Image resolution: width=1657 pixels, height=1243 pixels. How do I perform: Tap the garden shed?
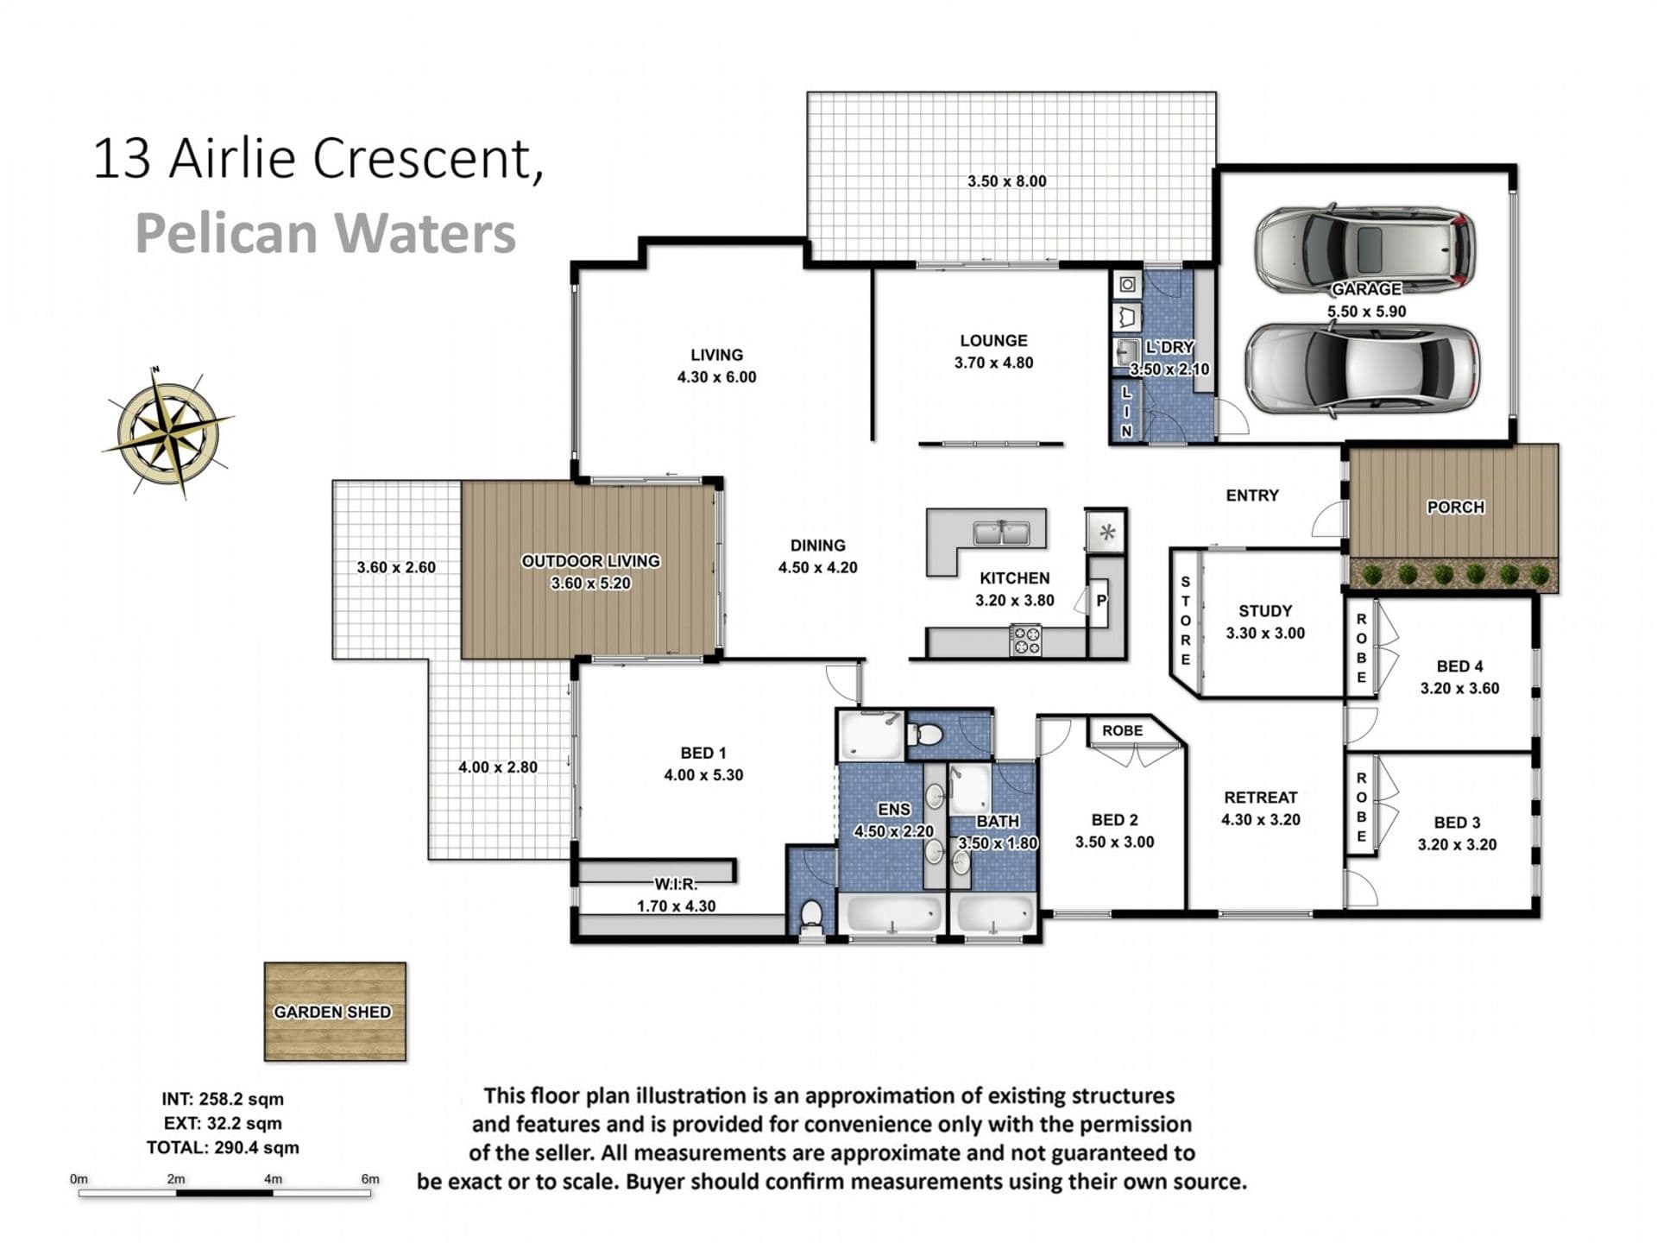point(335,1012)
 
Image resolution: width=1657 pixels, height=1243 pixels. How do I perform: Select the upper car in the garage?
point(1364,249)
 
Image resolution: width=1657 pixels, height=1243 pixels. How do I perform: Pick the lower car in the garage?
point(1362,369)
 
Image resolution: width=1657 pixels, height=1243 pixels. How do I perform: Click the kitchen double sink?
point(1001,533)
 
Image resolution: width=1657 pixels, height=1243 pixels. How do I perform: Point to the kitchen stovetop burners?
point(1026,640)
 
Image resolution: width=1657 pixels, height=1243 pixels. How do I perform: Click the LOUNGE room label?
point(993,341)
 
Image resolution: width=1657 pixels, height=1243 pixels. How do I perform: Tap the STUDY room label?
point(1265,611)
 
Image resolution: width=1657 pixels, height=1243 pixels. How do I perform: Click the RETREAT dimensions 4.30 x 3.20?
point(1260,820)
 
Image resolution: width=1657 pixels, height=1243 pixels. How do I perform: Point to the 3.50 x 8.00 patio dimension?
point(1006,181)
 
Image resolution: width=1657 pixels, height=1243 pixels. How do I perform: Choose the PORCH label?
point(1455,507)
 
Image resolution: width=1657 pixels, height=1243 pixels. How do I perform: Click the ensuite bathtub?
point(892,914)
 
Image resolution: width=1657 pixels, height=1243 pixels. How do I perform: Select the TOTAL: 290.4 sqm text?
point(223,1148)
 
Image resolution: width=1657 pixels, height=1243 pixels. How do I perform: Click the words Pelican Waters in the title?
point(325,234)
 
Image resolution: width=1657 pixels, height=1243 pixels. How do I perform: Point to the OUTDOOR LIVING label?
point(591,561)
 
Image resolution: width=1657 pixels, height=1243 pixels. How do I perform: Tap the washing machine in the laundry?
point(1127,284)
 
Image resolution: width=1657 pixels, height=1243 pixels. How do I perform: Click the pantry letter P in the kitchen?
point(1101,600)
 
